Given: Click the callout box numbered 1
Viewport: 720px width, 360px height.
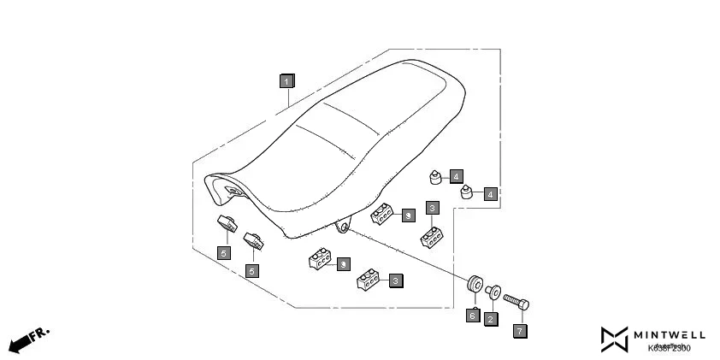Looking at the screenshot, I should click(287, 81).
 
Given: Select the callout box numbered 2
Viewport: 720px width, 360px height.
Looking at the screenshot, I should click(490, 318).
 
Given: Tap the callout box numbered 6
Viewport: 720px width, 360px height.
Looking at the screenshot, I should click(471, 316).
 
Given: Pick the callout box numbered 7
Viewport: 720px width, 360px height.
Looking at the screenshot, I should click(520, 329).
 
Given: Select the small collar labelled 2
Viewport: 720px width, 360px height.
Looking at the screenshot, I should click(493, 291).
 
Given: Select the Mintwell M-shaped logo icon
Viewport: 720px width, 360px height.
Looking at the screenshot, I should click(614, 339).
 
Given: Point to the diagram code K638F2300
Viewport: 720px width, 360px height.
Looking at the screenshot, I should click(669, 348).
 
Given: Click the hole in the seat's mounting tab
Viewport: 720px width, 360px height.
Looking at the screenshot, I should click(345, 227).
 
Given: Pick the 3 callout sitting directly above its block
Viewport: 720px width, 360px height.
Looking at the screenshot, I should click(433, 208).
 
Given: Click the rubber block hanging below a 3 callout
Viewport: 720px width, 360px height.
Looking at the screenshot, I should click(431, 236).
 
